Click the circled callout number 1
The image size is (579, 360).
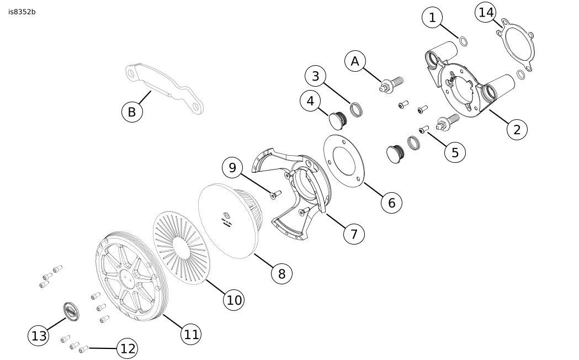pos(432,18)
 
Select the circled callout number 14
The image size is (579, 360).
pos(486,12)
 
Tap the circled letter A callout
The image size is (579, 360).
pos(355,61)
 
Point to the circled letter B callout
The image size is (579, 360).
pos(131,112)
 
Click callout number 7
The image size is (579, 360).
pos(354,234)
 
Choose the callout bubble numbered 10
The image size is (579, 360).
pos(234,299)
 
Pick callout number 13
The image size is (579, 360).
pos(39,336)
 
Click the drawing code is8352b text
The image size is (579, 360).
pos(22,12)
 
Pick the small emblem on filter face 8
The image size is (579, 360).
pos(226,215)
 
